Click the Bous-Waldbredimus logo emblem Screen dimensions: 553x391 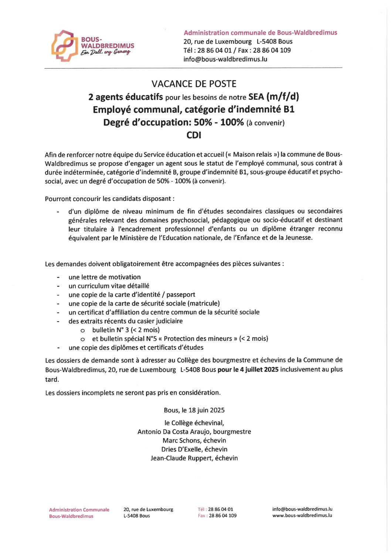65,45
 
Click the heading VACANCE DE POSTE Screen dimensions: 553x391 194,84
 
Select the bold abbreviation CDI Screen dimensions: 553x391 194,135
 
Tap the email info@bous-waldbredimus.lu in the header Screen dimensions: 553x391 225,59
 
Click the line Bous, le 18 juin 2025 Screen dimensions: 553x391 194,410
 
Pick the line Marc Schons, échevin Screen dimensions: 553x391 194,440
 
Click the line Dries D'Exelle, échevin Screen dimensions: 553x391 194,449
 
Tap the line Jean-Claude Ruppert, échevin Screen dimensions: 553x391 194,458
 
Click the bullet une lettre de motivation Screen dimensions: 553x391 105,277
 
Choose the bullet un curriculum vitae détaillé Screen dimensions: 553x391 109,286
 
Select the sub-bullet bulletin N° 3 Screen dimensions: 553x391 126,330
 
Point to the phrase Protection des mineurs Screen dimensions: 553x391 198,339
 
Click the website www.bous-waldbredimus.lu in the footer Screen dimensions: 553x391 302,515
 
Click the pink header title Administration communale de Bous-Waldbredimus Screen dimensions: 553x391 260,33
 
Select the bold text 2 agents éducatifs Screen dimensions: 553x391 125,97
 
